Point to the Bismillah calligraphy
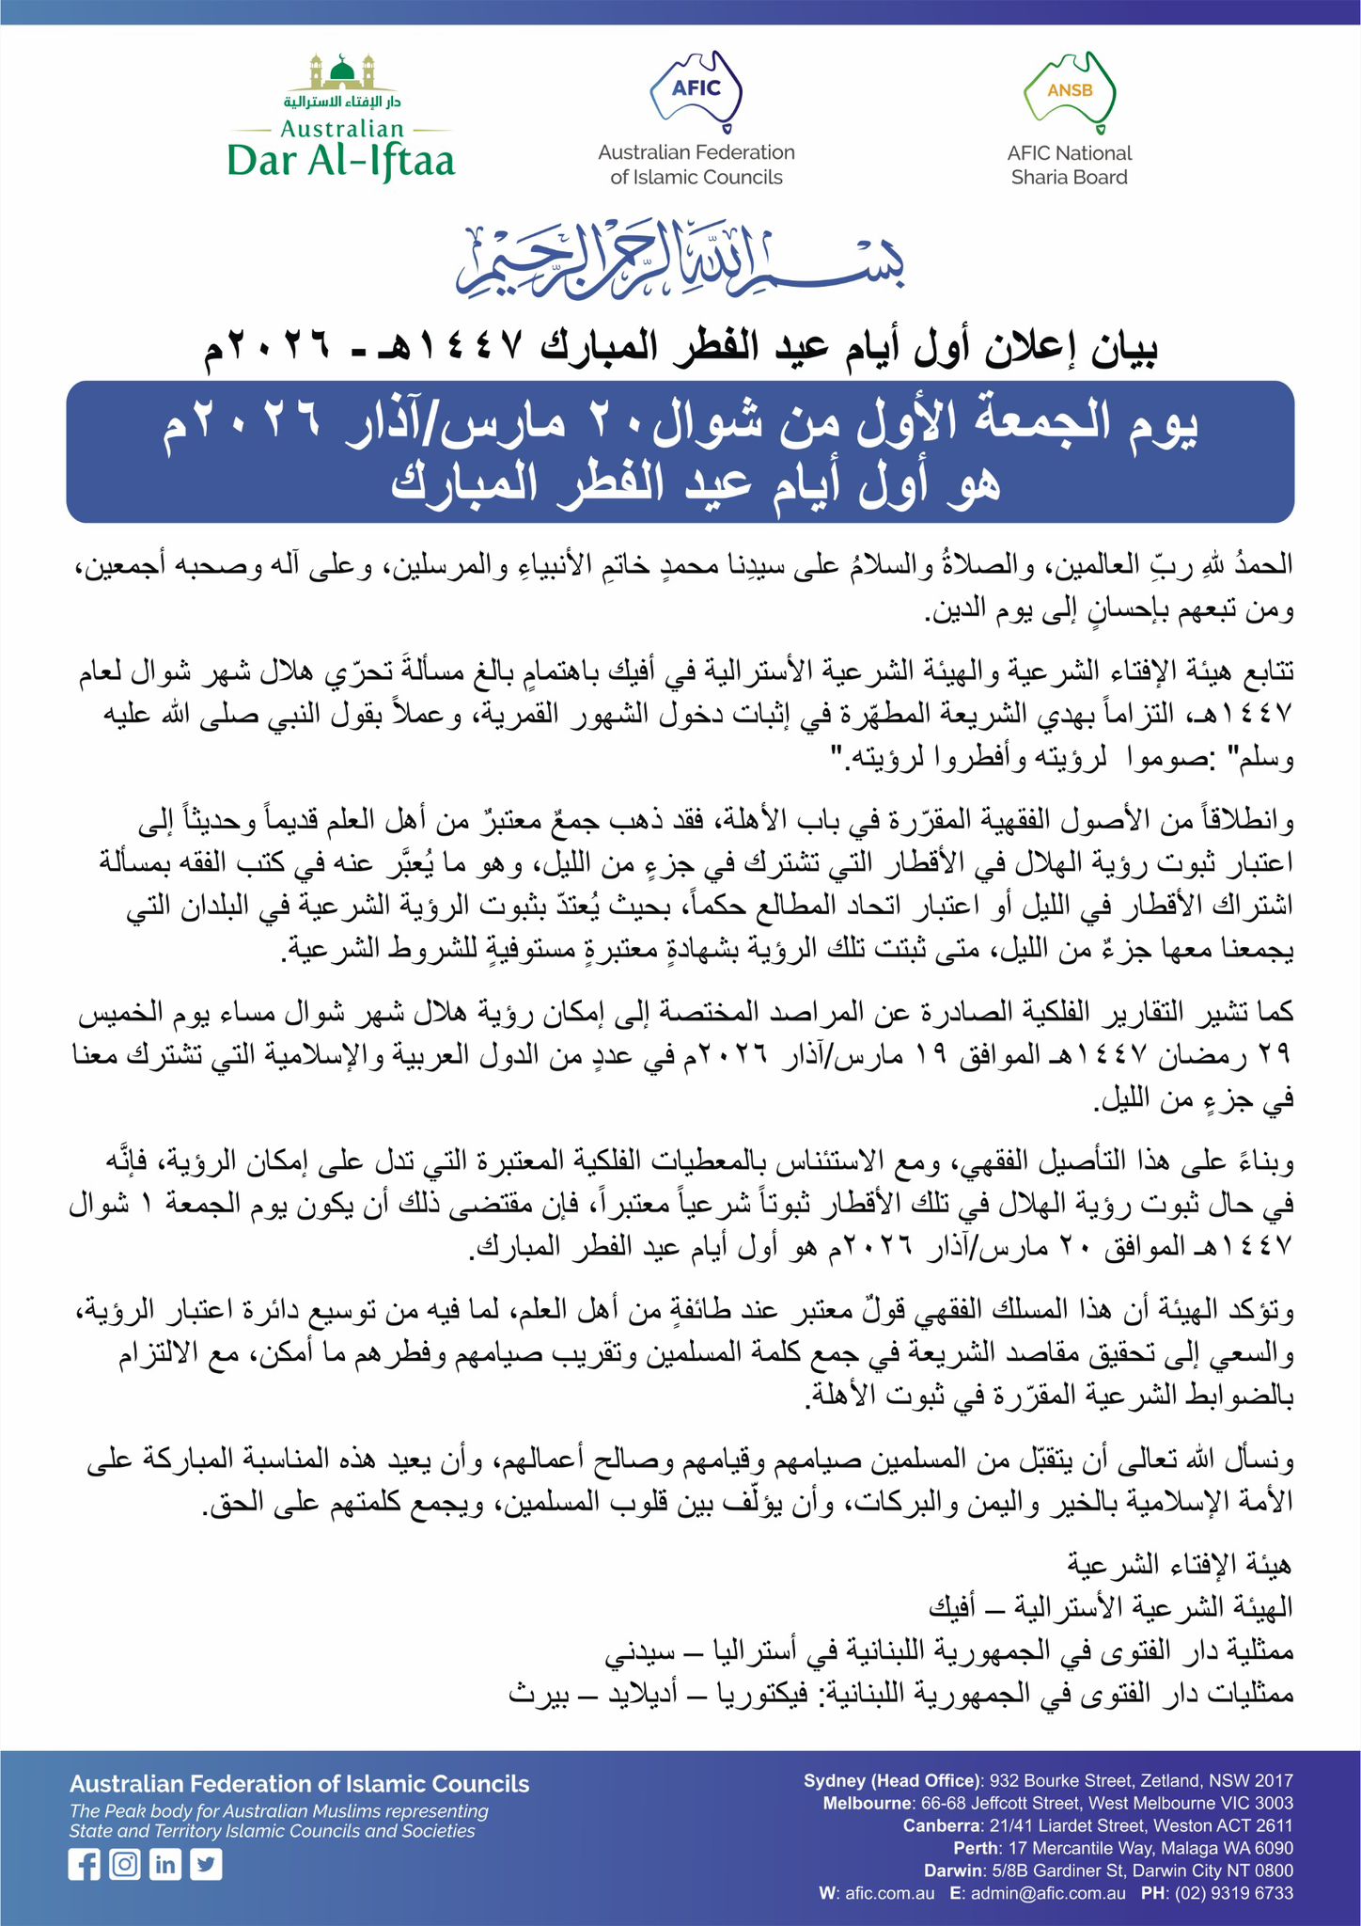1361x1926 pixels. pyautogui.click(x=680, y=262)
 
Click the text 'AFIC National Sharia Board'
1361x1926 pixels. pyautogui.click(x=1070, y=166)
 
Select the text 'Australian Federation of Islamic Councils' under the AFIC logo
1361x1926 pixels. pyautogui.click(x=696, y=165)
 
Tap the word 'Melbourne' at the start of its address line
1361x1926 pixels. pyautogui.click(x=867, y=1803)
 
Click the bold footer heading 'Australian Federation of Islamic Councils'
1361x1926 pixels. pyautogui.click(x=299, y=1784)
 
